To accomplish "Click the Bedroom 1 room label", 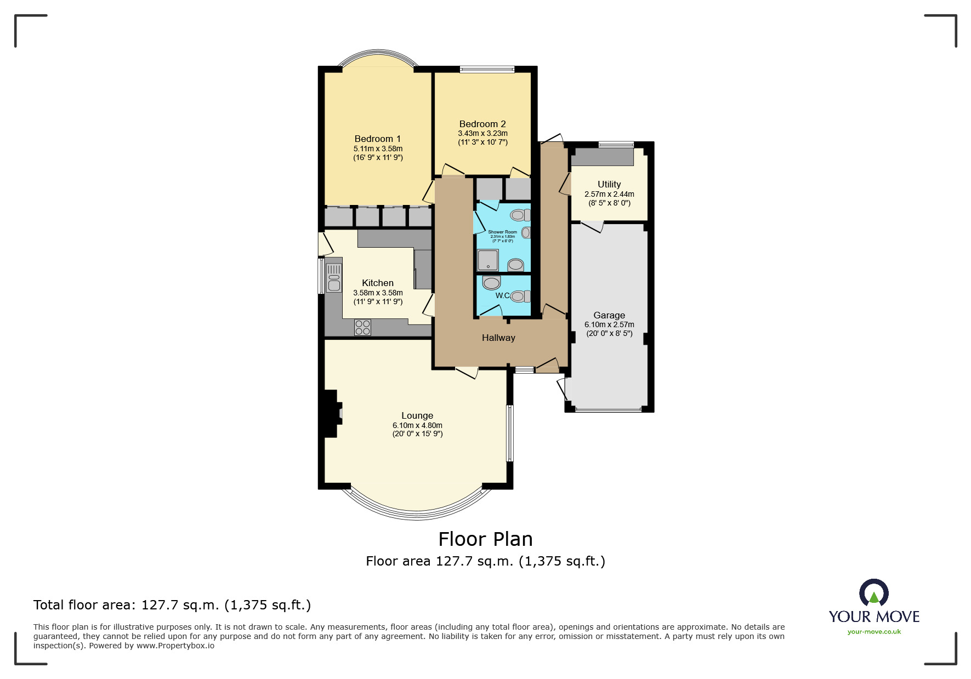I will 377,139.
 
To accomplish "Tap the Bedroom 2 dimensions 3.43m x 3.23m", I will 482,133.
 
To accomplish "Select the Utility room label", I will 609,184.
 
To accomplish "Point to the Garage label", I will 609,315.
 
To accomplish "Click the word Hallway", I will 498,338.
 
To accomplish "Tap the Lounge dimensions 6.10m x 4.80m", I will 417,425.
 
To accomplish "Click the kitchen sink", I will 334,277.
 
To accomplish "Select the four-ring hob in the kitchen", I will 362,328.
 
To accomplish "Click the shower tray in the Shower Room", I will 487,260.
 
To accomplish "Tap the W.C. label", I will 503,295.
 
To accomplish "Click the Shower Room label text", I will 502,232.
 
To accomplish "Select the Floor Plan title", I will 485,539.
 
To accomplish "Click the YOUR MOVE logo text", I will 874,617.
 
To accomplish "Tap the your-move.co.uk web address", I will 874,632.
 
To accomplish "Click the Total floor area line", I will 172,605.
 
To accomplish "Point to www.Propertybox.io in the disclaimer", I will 175,646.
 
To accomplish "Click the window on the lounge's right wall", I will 509,433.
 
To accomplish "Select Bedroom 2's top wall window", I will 487,69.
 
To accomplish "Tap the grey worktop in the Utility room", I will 602,157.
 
